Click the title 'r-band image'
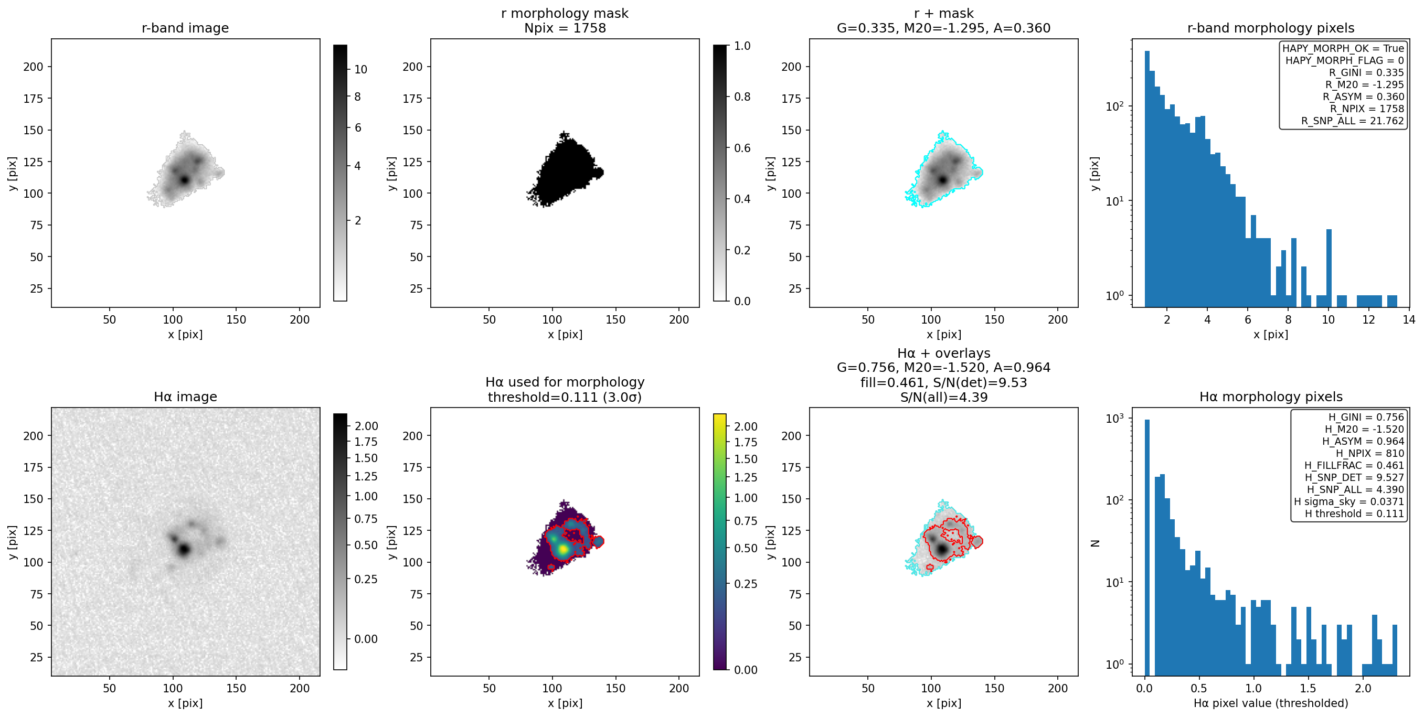coord(185,28)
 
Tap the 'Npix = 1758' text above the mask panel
coord(565,28)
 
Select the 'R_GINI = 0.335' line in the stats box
coord(1366,72)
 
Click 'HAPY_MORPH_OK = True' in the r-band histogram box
coord(1343,48)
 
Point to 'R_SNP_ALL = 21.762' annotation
coord(1352,121)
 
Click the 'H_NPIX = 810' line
coord(1370,453)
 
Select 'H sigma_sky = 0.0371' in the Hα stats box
coord(1349,501)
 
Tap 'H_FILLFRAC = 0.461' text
coord(1354,465)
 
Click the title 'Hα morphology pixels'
coord(1271,397)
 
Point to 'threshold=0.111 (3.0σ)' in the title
coord(565,397)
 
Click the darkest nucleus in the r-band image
coord(185,180)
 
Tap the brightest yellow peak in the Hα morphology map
coord(563,549)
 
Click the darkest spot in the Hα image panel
coord(184,550)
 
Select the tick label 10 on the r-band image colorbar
coord(361,70)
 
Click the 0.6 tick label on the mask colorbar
coord(742,148)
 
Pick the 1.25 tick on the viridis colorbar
coord(746,478)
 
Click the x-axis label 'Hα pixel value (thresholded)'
coord(1271,703)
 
